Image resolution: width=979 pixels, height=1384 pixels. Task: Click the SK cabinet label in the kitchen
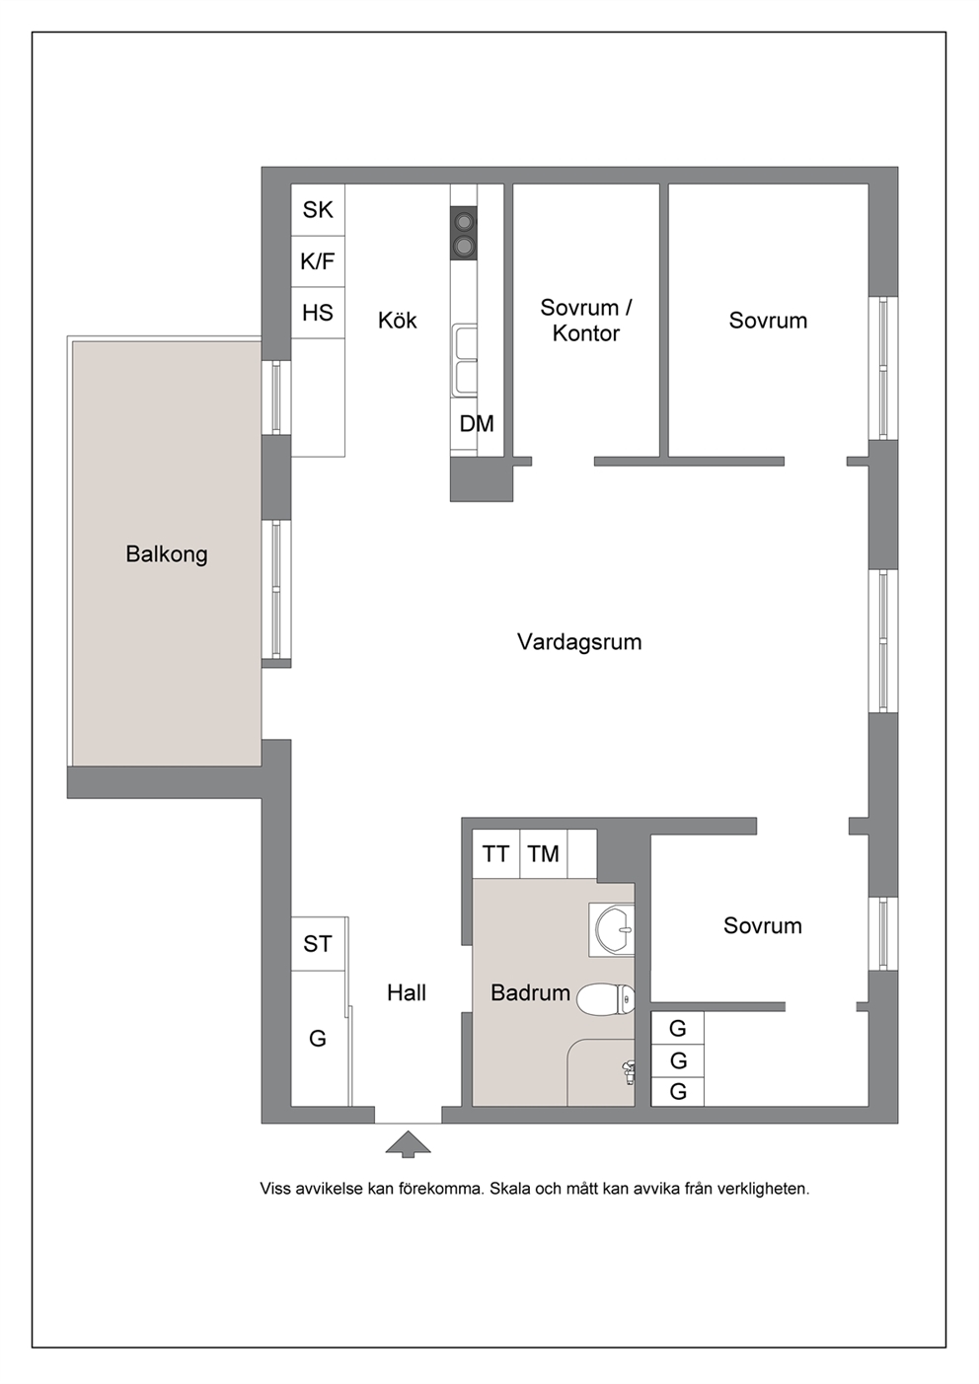tap(318, 210)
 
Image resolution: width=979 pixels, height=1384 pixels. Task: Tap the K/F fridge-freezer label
tap(317, 261)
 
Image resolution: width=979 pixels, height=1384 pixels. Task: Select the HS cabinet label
tap(318, 313)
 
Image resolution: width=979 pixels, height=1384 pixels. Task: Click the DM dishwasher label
tap(477, 424)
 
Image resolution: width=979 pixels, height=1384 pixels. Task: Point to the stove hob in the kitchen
tap(464, 233)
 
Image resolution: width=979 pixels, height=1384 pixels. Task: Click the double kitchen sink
tap(464, 361)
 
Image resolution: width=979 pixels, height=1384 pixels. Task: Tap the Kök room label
tap(398, 320)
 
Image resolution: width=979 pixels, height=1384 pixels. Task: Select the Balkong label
tap(166, 554)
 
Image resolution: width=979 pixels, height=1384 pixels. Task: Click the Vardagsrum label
tap(579, 642)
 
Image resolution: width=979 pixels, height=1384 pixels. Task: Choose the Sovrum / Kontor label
tap(586, 320)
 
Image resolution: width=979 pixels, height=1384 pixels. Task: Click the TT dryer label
tap(495, 854)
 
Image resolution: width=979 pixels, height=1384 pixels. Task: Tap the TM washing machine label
tap(543, 854)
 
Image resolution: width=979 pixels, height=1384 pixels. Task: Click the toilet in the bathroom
tap(606, 999)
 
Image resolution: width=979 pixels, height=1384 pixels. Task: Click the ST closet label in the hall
tap(318, 944)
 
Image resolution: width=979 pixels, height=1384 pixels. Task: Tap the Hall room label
tap(407, 993)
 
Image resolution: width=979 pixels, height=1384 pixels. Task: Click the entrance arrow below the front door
tap(408, 1143)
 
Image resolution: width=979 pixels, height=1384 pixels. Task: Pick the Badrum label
tap(530, 993)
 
